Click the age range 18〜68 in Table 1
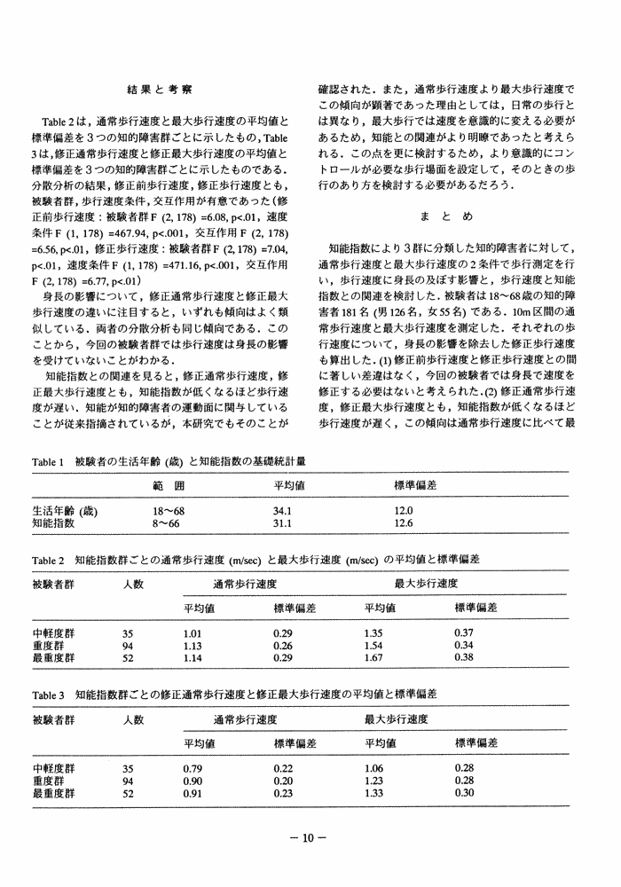[169, 512]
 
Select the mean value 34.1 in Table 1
[283, 512]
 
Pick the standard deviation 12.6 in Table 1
[404, 523]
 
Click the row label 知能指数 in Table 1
[53, 523]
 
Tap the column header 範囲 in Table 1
[168, 487]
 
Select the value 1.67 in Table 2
[374, 658]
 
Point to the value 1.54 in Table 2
[374, 647]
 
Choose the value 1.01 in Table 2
[193, 634]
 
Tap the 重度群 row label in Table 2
[48, 647]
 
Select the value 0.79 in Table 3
[193, 767]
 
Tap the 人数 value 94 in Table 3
[127, 780]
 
